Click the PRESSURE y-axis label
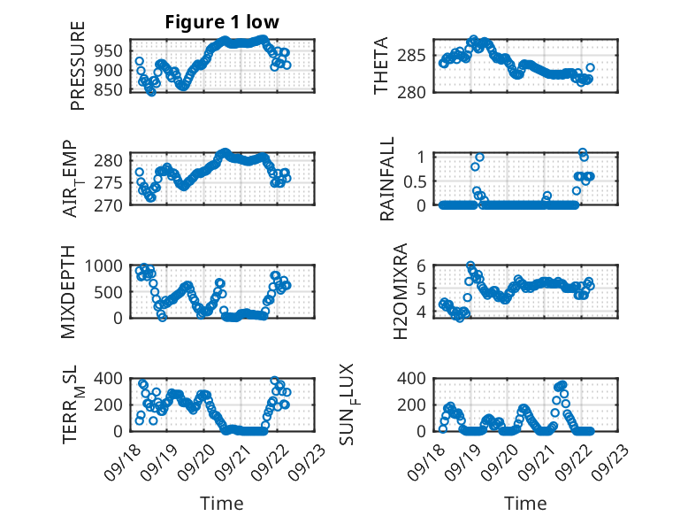78,73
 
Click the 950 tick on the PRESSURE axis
111,50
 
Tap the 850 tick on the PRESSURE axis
111,89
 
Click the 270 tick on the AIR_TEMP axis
111,204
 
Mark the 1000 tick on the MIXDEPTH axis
107,266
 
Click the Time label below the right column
525,503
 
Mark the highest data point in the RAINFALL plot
582,152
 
